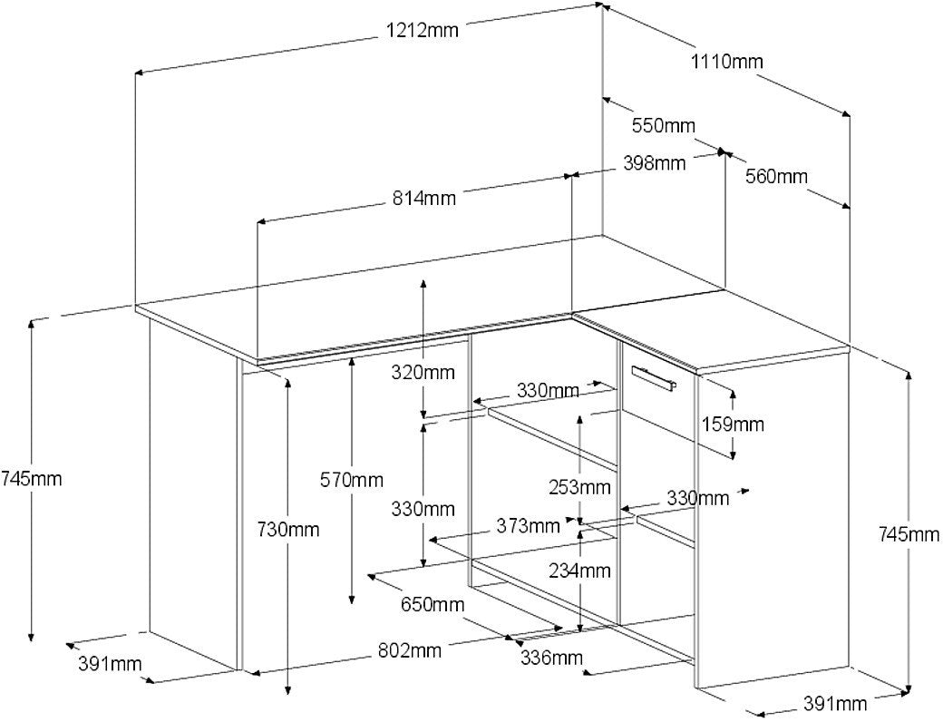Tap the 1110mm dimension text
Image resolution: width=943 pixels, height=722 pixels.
[726, 62]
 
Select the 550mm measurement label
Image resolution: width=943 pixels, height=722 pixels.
[664, 126]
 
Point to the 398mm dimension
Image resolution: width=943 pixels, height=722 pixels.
[654, 163]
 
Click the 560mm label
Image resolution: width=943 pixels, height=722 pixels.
[776, 176]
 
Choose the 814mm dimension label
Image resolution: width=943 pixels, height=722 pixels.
[424, 198]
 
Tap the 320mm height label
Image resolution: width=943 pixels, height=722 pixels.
[423, 373]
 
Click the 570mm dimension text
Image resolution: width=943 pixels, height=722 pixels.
[351, 480]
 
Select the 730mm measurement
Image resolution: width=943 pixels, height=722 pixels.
[288, 530]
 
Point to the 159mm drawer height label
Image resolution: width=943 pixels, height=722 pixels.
[733, 424]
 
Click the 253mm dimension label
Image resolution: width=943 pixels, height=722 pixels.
[579, 486]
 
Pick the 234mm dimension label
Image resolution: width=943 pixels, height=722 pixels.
[579, 570]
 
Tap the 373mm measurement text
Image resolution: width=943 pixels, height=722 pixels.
[528, 526]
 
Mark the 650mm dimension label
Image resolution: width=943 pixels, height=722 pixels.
[433, 604]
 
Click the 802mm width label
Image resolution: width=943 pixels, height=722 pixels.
[409, 649]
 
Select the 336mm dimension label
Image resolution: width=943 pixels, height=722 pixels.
[551, 658]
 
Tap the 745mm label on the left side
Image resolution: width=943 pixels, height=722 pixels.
[31, 479]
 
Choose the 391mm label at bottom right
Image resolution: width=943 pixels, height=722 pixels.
[835, 703]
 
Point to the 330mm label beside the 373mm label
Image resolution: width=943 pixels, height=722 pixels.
[423, 509]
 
